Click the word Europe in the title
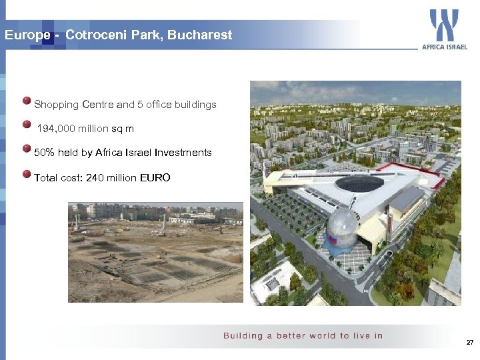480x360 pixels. click(25, 35)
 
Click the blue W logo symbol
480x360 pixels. click(443, 25)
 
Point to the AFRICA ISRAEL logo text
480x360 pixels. click(445, 47)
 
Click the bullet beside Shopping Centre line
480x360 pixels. click(27, 102)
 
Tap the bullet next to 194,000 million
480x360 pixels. click(27, 125)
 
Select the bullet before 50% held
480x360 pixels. click(27, 149)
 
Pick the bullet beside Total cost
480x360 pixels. click(27, 175)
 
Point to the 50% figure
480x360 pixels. click(44, 153)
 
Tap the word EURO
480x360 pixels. click(155, 178)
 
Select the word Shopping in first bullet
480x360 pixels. click(57, 105)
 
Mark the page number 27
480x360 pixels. click(469, 342)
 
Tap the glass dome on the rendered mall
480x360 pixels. click(341, 228)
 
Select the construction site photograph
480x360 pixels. click(155, 252)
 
